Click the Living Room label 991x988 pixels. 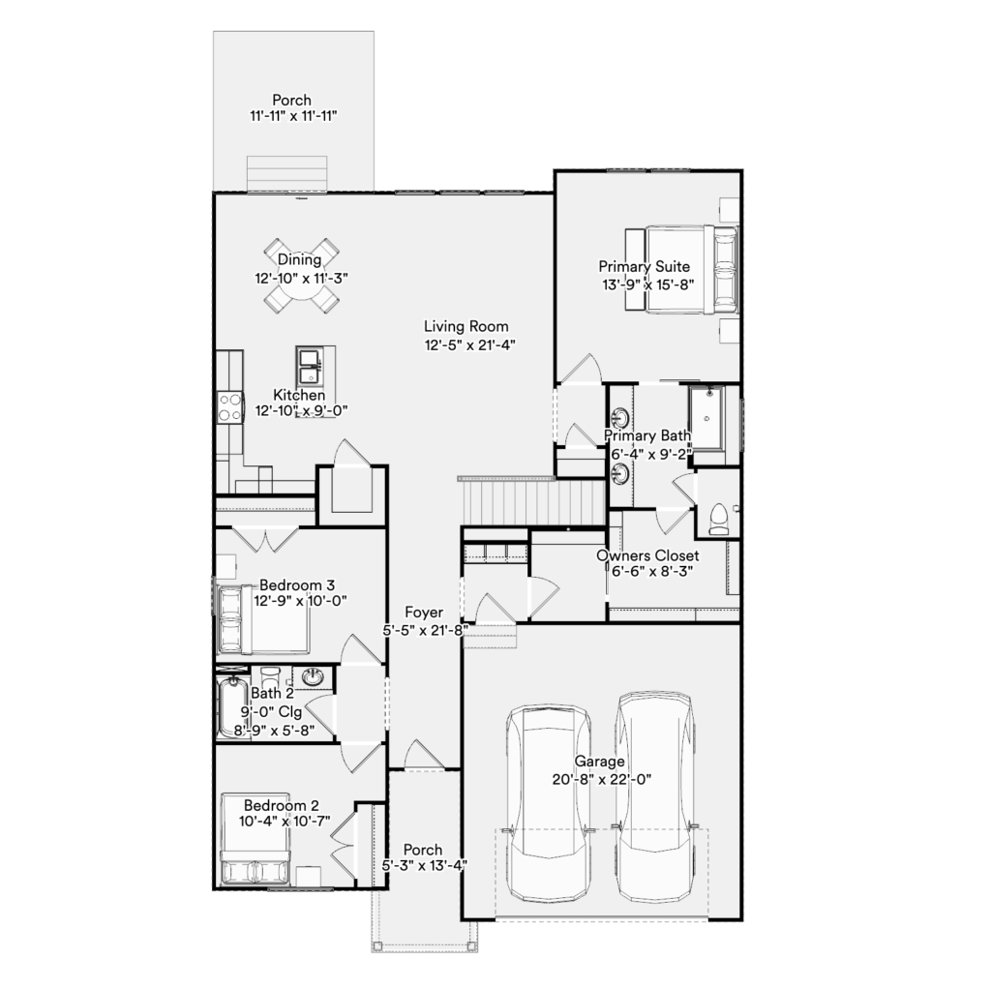(465, 326)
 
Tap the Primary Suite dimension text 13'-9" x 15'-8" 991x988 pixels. (647, 284)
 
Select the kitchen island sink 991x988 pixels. (310, 366)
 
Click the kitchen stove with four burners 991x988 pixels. (230, 406)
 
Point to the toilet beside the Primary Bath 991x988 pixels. (719, 519)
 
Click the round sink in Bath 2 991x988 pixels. (313, 677)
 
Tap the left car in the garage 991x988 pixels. (550, 803)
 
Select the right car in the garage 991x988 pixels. (655, 796)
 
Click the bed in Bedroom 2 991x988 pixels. (255, 841)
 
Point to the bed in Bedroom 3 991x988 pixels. (263, 619)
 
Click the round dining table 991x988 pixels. (301, 276)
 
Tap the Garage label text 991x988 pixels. (599, 761)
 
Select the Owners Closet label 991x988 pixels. (647, 555)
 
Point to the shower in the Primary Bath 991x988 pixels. (706, 418)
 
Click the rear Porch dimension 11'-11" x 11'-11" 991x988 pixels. (293, 116)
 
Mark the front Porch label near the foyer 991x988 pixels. (423, 850)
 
